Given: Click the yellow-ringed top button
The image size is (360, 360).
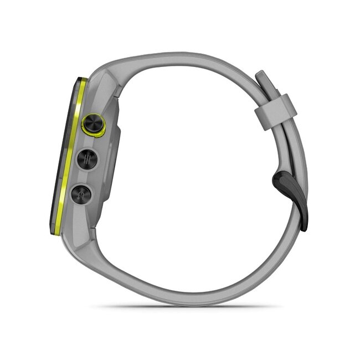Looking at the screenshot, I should click(x=93, y=125).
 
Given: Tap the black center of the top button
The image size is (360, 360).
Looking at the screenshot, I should click(x=94, y=124).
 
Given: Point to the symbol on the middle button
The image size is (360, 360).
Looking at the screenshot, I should click(x=87, y=160).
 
